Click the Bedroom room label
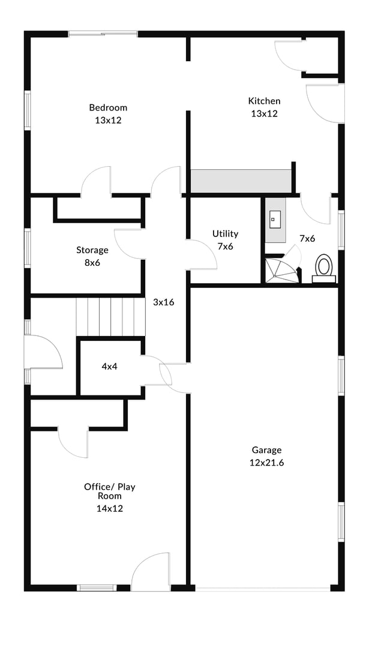pyautogui.click(x=108, y=107)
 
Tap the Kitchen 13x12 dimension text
pyautogui.click(x=264, y=113)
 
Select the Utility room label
pyautogui.click(x=225, y=233)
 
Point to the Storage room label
pyautogui.click(x=92, y=250)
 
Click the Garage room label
pyautogui.click(x=266, y=450)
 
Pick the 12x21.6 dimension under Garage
pyautogui.click(x=266, y=463)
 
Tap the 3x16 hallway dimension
pyautogui.click(x=163, y=302)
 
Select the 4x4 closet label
pyautogui.click(x=109, y=366)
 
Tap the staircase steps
pyautogui.click(x=111, y=317)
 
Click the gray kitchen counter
pyautogui.click(x=241, y=181)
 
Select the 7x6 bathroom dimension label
pyautogui.click(x=307, y=238)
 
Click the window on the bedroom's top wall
pyautogui.click(x=103, y=34)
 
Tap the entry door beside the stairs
pyautogui.click(x=44, y=352)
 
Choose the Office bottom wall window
pyautogui.click(x=97, y=587)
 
